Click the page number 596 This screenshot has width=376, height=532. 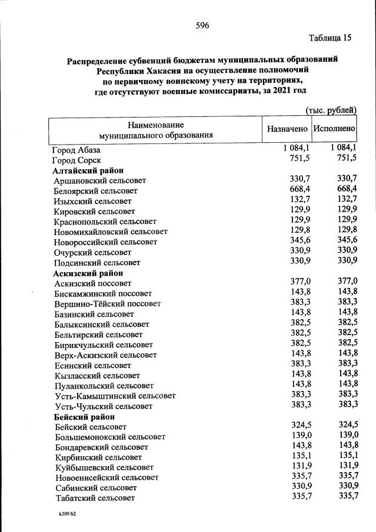coord(202,25)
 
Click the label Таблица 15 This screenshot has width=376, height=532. coord(330,38)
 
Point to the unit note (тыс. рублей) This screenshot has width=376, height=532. coord(331,110)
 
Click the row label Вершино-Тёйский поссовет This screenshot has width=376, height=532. coord(107,304)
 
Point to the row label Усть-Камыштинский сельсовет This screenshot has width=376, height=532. coord(114,396)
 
